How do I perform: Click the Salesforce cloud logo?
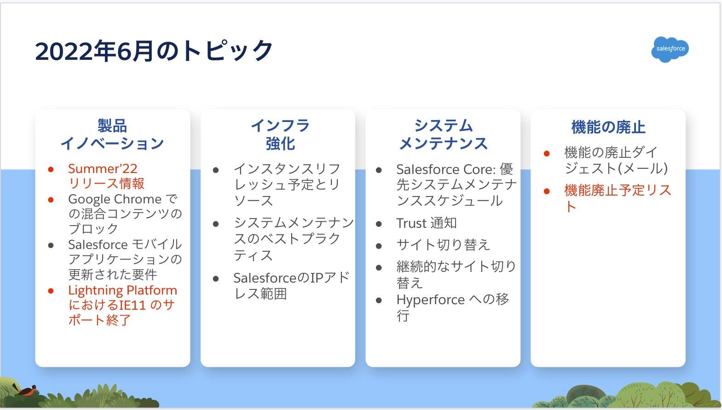click(x=670, y=49)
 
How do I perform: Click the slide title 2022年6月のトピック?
click(x=154, y=51)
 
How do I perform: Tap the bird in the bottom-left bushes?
click(x=25, y=389)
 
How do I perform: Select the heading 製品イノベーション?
click(x=112, y=134)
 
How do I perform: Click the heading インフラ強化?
click(x=280, y=134)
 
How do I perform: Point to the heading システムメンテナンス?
click(x=443, y=134)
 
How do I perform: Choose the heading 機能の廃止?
click(x=608, y=127)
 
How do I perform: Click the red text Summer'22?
click(x=103, y=168)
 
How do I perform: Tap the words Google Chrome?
click(x=115, y=200)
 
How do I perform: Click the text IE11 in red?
click(x=133, y=305)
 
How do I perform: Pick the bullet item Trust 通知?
click(x=427, y=223)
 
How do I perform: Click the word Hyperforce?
click(x=431, y=300)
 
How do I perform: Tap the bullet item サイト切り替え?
click(x=443, y=245)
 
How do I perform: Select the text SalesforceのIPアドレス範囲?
click(x=292, y=286)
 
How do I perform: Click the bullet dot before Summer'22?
click(x=51, y=169)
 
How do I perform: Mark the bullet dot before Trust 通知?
click(x=379, y=224)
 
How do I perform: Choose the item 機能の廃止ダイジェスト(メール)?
click(x=616, y=160)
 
